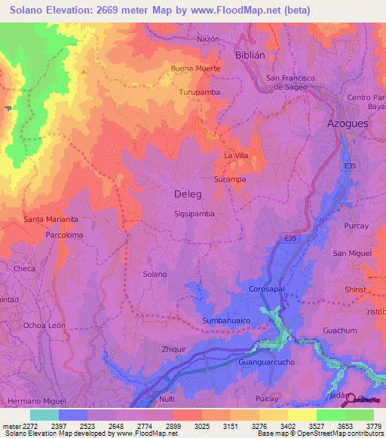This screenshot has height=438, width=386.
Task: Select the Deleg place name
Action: point(188,194)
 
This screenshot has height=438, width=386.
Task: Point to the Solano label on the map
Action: point(155,274)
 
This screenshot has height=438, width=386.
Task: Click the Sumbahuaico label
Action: point(225,321)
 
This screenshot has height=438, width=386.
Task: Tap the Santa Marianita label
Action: point(51,220)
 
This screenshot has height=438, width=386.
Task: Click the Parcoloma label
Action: point(64,235)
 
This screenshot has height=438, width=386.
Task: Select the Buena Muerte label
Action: point(196,68)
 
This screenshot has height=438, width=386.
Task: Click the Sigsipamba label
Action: point(195,214)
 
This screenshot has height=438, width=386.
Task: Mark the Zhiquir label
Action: point(173,349)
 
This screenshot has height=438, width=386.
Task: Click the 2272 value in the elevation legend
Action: point(29,427)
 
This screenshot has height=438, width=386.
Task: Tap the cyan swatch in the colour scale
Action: point(44,415)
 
